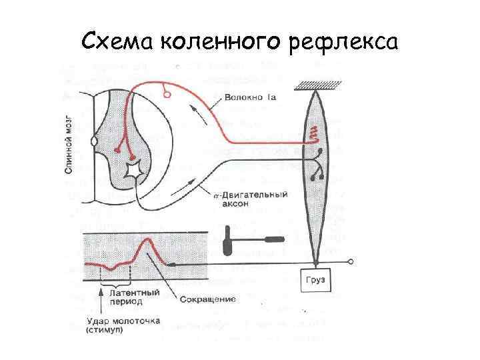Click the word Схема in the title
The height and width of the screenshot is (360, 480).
(x=117, y=41)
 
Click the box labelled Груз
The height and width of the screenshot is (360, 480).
(x=315, y=281)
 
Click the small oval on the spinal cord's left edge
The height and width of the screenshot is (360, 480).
(x=95, y=141)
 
